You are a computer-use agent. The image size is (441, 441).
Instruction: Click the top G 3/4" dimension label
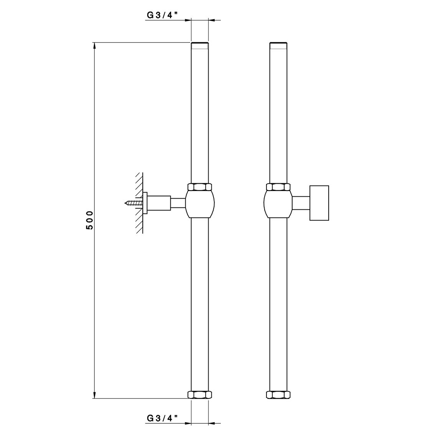(162, 15)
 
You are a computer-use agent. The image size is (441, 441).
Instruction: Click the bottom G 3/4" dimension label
(162, 418)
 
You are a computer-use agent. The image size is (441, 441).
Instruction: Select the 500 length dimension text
(89, 220)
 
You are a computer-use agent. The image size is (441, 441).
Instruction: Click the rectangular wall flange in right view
(319, 203)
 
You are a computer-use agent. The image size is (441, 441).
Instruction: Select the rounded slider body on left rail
(200, 204)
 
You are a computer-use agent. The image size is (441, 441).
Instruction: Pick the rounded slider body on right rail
(278, 204)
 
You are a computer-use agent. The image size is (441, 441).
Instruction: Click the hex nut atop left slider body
(200, 187)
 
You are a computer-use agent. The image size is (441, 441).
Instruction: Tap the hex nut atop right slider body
(278, 187)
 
